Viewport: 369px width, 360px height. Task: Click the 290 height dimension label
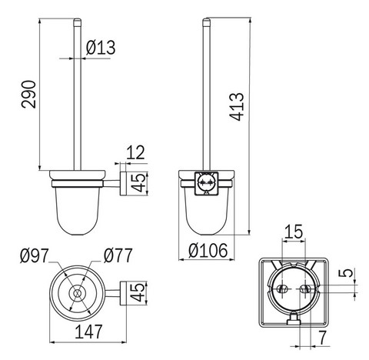tap(28, 94)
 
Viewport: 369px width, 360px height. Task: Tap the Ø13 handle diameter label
tap(101, 48)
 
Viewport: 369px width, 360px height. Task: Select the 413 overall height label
tap(237, 106)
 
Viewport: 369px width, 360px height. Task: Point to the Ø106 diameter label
tap(208, 250)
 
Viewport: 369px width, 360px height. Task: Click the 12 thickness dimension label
tap(135, 152)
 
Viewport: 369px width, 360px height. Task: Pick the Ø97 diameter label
tap(35, 255)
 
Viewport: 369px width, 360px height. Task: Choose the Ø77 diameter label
tap(118, 255)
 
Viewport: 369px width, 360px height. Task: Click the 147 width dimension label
tap(88, 332)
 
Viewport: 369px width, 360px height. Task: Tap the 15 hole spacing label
tap(294, 232)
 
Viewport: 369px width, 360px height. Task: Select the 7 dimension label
tap(323, 338)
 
